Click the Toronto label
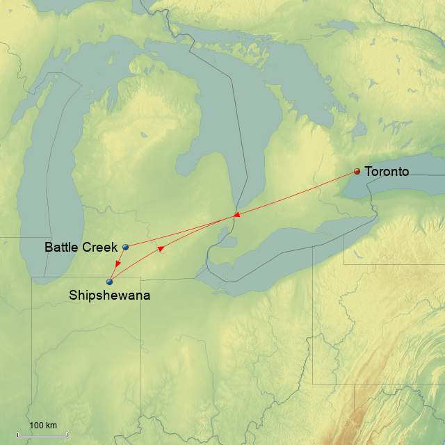click(387, 172)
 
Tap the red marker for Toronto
click(357, 172)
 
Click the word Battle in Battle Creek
click(61, 247)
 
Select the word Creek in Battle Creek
click(102, 247)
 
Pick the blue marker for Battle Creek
click(126, 247)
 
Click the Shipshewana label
click(109, 296)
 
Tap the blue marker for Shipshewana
click(110, 282)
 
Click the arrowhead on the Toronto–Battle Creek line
click(236, 215)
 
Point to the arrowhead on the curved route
click(161, 248)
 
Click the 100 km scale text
click(42, 425)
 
